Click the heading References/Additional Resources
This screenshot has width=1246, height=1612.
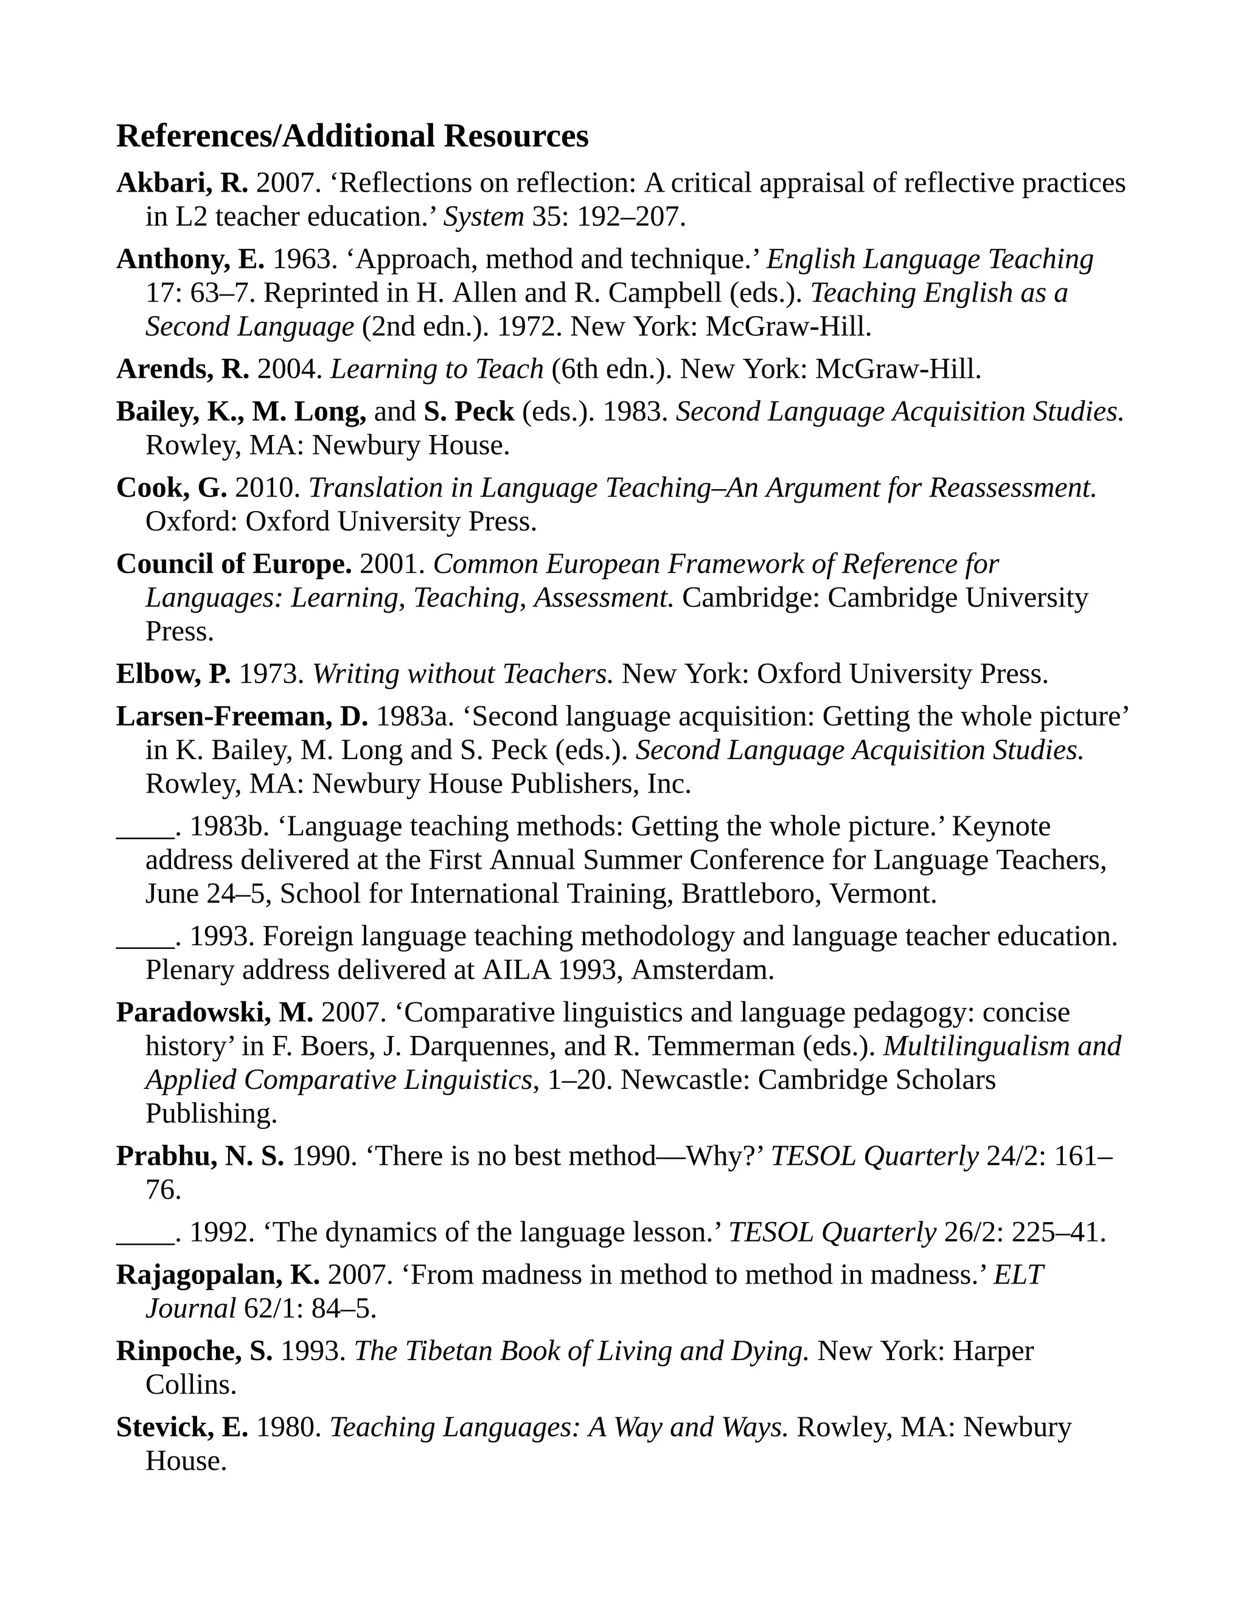(352, 136)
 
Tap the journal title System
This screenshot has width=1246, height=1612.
(482, 217)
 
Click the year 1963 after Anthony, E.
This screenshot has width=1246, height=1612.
(301, 260)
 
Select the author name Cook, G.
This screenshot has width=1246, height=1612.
(171, 488)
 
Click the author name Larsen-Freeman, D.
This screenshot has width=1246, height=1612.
(242, 717)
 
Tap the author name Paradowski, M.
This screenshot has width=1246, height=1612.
(215, 1013)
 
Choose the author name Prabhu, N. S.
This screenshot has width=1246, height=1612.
(200, 1156)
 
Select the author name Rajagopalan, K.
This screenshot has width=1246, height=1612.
(218, 1274)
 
